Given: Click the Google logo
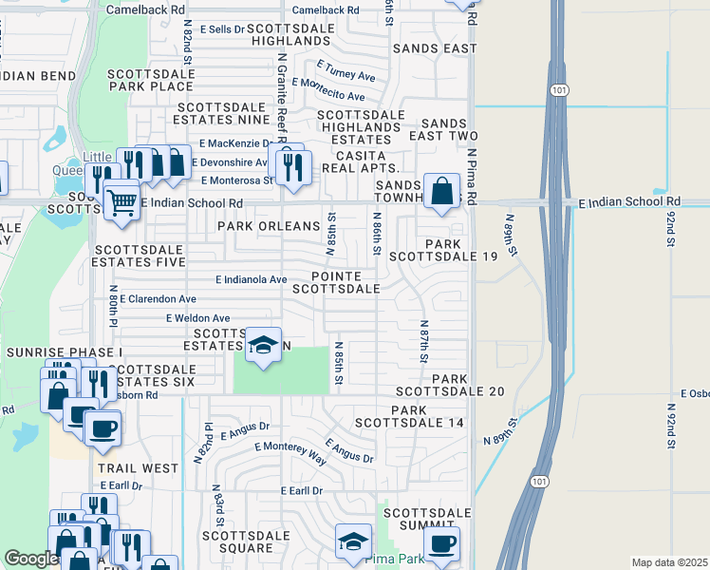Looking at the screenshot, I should click(30, 559).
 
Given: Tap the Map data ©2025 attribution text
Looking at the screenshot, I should click(669, 562).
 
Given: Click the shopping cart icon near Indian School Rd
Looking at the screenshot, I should click(121, 201).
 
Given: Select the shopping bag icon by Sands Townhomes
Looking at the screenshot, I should click(441, 190).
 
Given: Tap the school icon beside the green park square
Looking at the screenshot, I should click(263, 345).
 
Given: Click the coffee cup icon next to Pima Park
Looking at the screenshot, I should click(441, 544).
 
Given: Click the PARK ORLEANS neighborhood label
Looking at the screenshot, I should click(270, 226).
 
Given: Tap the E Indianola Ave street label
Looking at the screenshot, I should click(252, 280).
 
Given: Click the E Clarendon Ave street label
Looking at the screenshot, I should click(158, 298).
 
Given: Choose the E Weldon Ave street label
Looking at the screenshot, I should click(197, 318).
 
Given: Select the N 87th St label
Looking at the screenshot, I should click(424, 340).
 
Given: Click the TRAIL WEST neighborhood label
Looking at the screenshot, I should click(137, 468).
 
